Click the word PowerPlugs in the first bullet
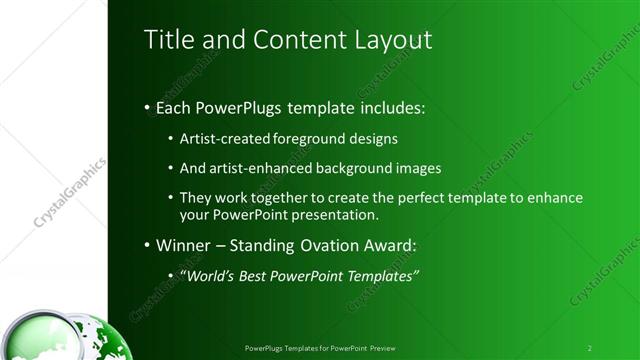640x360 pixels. tap(246, 106)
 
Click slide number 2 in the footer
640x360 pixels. tap(589, 348)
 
